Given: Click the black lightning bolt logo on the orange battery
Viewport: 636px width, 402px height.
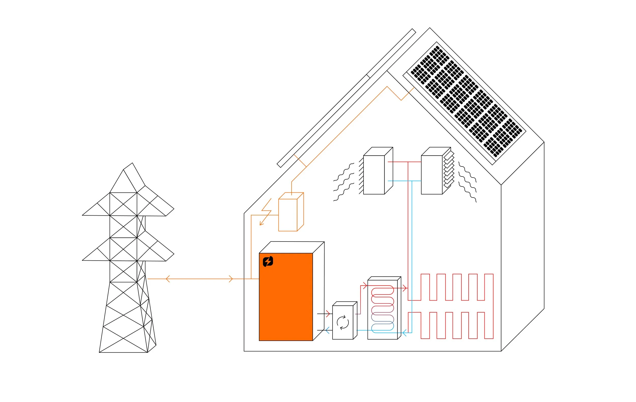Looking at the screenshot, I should click(x=268, y=261).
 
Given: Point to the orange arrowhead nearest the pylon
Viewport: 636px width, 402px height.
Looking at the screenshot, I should click(x=167, y=279).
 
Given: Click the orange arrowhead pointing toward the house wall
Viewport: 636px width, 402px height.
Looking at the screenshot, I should click(x=231, y=279).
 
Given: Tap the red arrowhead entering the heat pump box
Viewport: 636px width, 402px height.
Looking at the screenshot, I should click(x=328, y=314).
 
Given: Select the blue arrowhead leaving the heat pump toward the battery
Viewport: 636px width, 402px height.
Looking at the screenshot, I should click(x=327, y=330).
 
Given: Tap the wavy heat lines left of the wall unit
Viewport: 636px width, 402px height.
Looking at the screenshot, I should click(x=343, y=182).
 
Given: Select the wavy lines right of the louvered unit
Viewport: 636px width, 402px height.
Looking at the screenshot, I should click(x=468, y=182).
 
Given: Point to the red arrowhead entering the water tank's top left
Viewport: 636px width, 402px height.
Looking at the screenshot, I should click(x=365, y=286).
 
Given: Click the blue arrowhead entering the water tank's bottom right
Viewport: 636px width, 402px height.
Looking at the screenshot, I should click(x=404, y=333).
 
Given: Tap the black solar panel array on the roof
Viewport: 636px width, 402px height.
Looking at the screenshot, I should click(x=466, y=101).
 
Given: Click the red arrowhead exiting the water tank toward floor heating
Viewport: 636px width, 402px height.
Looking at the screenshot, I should click(x=404, y=289).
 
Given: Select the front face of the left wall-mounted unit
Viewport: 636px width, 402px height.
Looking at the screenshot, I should click(x=374, y=175).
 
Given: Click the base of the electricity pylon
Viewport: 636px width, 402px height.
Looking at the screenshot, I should click(x=123, y=352).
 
